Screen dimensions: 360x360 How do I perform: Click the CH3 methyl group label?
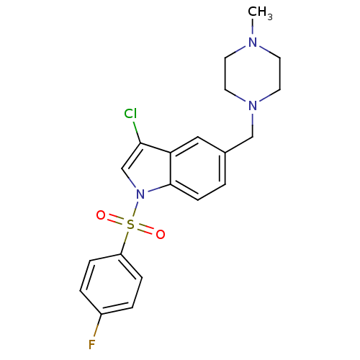click(260, 12)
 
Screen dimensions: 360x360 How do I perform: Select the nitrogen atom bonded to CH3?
click(253, 42)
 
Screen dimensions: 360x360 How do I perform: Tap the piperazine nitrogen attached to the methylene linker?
click(253, 106)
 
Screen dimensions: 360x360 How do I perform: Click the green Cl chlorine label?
click(130, 113)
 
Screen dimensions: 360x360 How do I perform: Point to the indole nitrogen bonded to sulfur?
click(140, 194)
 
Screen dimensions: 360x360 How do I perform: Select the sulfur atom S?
click(130, 225)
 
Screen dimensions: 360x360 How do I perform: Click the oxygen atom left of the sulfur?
click(101, 215)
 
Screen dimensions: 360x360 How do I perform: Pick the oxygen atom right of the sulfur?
click(161, 234)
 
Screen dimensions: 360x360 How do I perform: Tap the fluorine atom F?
click(92, 345)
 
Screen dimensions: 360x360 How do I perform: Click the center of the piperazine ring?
click(253, 74)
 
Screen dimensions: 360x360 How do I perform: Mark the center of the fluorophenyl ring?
click(111, 284)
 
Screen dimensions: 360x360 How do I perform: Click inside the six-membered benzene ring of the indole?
click(198, 168)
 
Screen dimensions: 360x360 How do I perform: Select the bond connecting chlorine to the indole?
click(137, 132)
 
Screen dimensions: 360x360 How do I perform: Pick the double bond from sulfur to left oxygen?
click(117, 220)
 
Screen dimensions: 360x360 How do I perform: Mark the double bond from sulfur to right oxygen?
click(145, 230)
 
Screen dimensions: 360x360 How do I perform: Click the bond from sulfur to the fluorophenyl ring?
click(125, 243)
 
